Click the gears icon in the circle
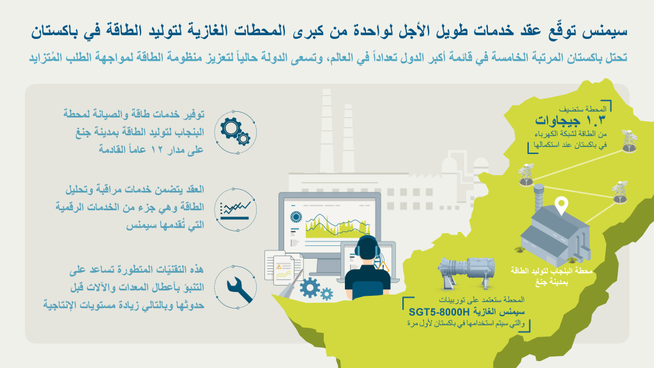pyautogui.click(x=235, y=131)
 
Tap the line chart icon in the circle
pyautogui.click(x=235, y=210)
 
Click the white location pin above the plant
pyautogui.click(x=562, y=206)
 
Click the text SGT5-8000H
pyautogui.click(x=439, y=312)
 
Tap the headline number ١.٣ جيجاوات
pyautogui.click(x=570, y=121)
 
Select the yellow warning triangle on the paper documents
pyautogui.click(x=278, y=266)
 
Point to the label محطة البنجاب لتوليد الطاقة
pyautogui.click(x=551, y=271)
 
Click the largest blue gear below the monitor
pyautogui.click(x=310, y=287)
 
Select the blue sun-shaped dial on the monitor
pyautogui.click(x=296, y=217)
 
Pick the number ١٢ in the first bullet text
pyautogui.click(x=157, y=149)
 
